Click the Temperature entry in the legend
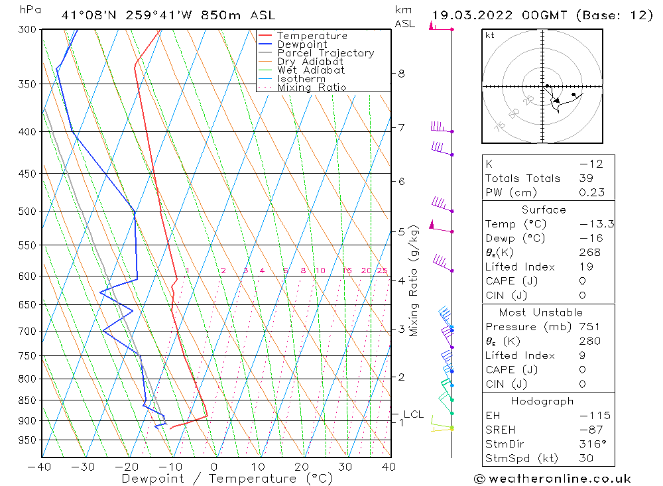312,36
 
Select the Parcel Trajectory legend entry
326,53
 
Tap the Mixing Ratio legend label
312,87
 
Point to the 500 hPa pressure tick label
27,212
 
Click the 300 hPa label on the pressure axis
27,30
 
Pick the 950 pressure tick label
27,440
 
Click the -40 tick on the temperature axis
40,467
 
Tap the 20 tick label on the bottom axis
302,467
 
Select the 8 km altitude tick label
402,74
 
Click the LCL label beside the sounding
413,414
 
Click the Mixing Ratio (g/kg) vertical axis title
414,281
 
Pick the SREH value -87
587,430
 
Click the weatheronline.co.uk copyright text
552,479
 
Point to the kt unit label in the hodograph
490,35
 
